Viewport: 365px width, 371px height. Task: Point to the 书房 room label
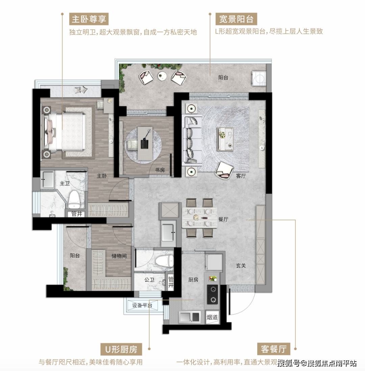pyautogui.click(x=160, y=170)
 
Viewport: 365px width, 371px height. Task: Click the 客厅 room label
pyautogui.click(x=241, y=176)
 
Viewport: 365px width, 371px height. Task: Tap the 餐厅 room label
pyautogui.click(x=223, y=219)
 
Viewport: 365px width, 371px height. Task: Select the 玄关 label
pyautogui.click(x=241, y=266)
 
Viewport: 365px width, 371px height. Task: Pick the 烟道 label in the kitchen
pyautogui.click(x=212, y=317)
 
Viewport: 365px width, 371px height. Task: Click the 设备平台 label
pyautogui.click(x=142, y=306)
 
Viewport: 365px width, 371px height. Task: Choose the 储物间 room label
pyautogui.click(x=119, y=256)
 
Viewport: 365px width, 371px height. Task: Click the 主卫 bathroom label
pyautogui.click(x=65, y=183)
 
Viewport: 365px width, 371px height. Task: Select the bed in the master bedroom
pyautogui.click(x=66, y=132)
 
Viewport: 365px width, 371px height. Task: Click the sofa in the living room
pyautogui.click(x=192, y=141)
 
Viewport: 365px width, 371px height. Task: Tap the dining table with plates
pyautogui.click(x=199, y=218)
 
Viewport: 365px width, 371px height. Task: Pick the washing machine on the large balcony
pyautogui.click(x=259, y=79)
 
